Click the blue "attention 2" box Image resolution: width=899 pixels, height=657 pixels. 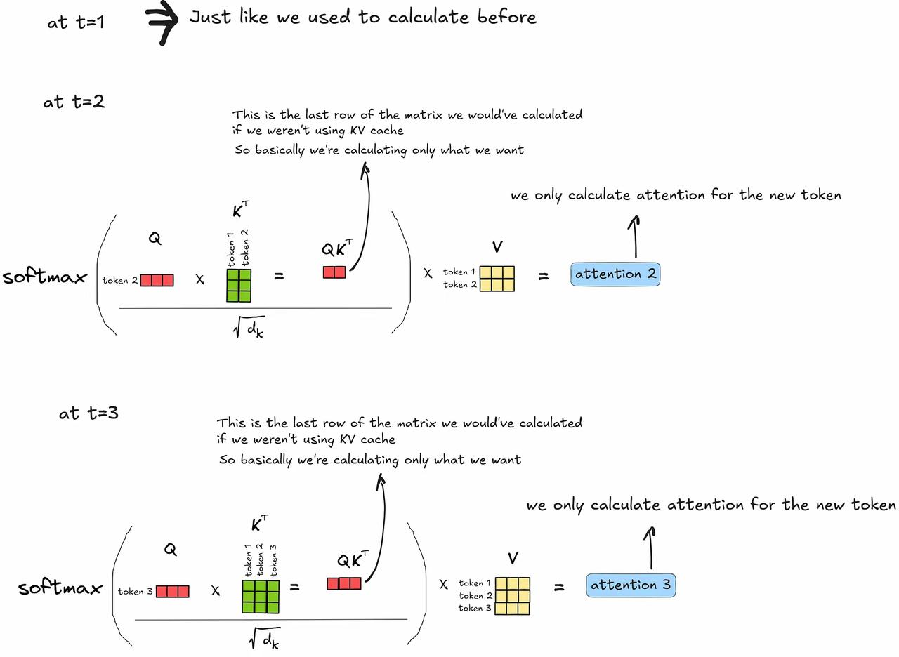pyautogui.click(x=615, y=274)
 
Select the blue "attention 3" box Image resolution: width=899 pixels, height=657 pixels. pyautogui.click(x=631, y=585)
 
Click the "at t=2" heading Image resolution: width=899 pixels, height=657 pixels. pyautogui.click(x=74, y=102)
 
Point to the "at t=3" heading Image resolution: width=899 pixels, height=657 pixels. pyautogui.click(x=88, y=413)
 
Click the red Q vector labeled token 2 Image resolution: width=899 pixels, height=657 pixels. pyautogui.click(x=157, y=280)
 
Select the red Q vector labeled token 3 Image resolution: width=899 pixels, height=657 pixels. pyautogui.click(x=173, y=591)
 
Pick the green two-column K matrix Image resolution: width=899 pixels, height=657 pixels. pyautogui.click(x=239, y=285)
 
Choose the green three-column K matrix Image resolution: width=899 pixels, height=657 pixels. pyautogui.click(x=261, y=597)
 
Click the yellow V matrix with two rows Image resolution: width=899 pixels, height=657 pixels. pyautogui.click(x=497, y=279)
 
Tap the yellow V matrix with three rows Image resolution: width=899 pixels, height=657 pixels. pyautogui.click(x=513, y=596)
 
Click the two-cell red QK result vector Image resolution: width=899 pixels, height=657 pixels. pyautogui.click(x=334, y=272)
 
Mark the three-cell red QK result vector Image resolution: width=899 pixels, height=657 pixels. pyautogui.click(x=344, y=583)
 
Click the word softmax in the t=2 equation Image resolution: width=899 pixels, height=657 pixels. pyautogui.click(x=44, y=277)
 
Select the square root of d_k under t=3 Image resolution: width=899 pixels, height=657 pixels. pyautogui.click(x=264, y=638)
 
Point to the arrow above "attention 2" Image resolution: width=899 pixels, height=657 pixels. pyautogui.click(x=634, y=237)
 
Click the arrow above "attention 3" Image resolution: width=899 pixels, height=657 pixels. pyautogui.click(x=650, y=548)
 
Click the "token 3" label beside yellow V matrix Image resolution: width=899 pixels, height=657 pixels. pyautogui.click(x=475, y=608)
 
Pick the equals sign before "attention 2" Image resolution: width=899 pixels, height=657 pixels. pyautogui.click(x=544, y=276)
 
